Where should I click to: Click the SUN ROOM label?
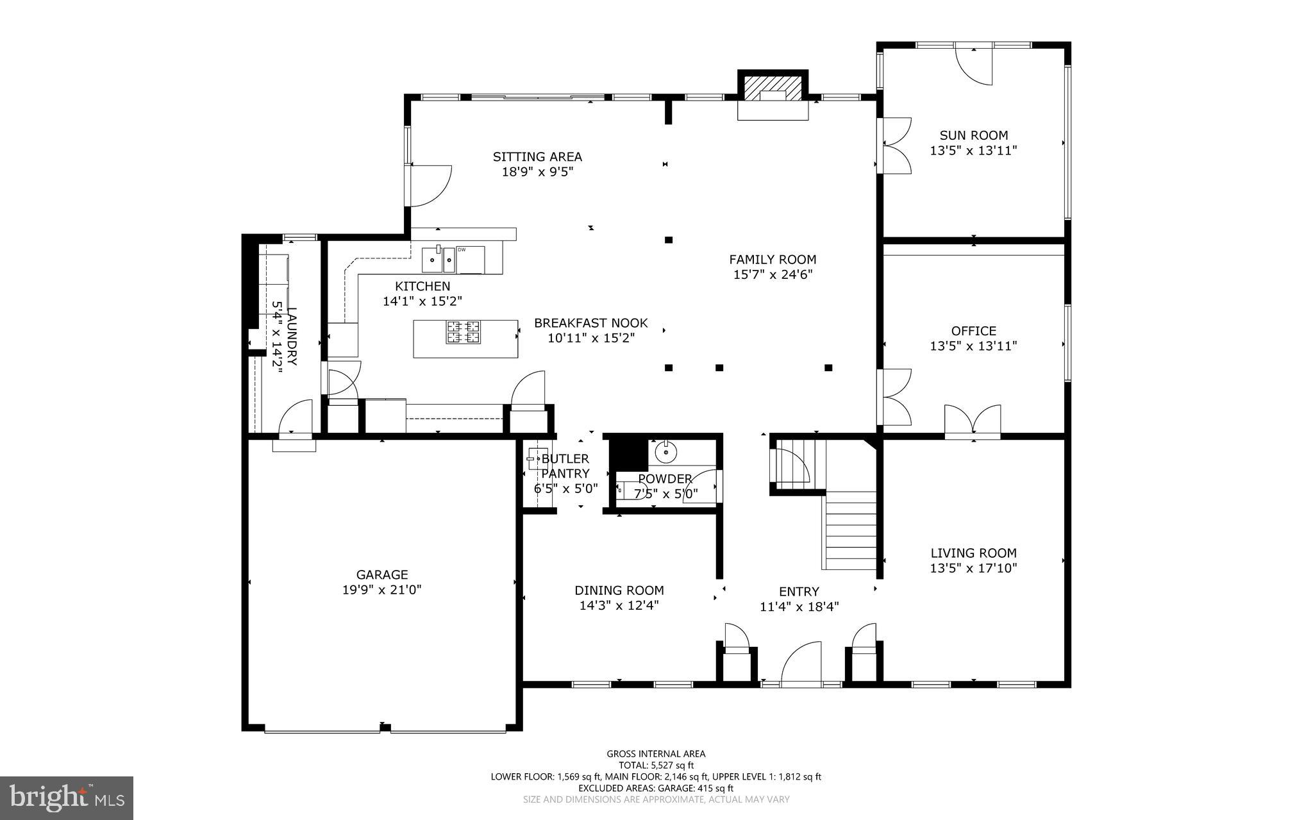[973, 135]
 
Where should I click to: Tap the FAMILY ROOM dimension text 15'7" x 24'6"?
[773, 275]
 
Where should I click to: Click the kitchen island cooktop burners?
[464, 331]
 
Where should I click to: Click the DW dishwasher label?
[462, 249]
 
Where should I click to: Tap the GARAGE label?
[382, 575]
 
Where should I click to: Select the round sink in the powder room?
[666, 452]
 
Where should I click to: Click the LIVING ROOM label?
[973, 553]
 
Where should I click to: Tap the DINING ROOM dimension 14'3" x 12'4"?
[619, 605]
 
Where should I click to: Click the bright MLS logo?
[66, 798]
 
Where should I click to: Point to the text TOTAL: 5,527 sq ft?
[656, 765]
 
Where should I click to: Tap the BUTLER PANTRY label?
[565, 466]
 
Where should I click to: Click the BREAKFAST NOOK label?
[590, 323]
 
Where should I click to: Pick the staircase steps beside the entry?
[851, 530]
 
